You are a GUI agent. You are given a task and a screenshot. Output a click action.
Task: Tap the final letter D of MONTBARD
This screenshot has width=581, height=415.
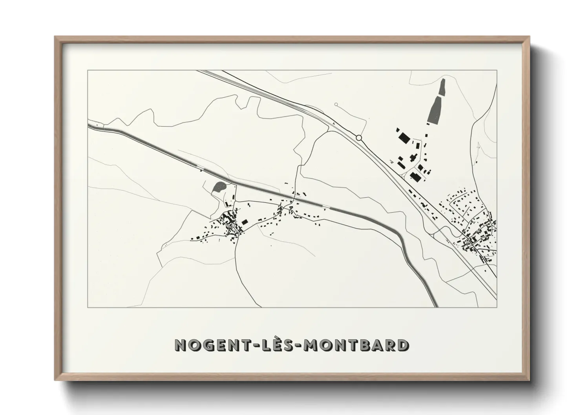402,345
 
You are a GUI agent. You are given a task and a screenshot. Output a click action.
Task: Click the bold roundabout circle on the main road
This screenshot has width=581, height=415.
358,138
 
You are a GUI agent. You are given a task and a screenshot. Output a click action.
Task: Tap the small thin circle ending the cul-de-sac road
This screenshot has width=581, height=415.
336,104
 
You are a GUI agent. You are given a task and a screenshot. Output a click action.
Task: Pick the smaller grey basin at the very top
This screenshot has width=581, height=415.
442,87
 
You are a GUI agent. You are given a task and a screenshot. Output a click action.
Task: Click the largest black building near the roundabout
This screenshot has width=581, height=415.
403,137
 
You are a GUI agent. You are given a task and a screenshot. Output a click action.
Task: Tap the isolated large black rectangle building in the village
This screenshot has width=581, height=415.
245,222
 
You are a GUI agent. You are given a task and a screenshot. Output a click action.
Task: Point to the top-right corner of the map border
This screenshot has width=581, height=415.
497,70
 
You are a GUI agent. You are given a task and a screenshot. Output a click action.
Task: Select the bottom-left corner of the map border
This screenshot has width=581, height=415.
88,307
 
